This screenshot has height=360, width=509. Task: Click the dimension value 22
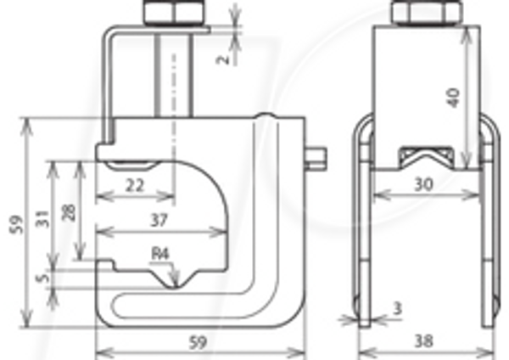click(x=135, y=186)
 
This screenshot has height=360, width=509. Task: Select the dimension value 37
click(x=159, y=221)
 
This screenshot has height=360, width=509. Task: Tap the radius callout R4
click(x=160, y=254)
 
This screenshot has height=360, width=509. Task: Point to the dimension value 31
click(x=43, y=219)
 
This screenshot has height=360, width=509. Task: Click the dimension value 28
click(x=70, y=213)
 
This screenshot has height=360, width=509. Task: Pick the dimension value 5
click(x=43, y=278)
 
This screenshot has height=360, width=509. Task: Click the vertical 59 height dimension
click(x=17, y=224)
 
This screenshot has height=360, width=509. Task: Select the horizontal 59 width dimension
click(x=198, y=342)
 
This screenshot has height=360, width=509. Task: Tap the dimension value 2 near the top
click(x=223, y=59)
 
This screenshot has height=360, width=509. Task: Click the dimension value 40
click(x=454, y=98)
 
